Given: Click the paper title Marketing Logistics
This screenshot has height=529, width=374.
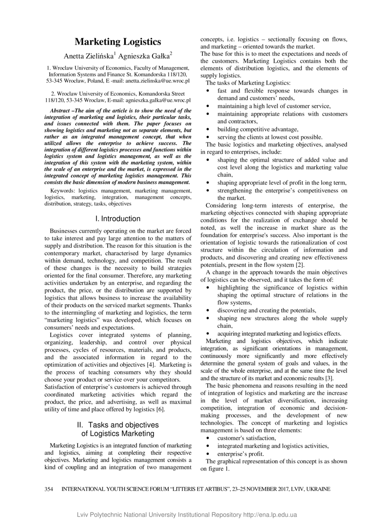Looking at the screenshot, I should click(118, 42).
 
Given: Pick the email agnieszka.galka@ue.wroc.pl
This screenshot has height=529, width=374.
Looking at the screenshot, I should click(158, 100).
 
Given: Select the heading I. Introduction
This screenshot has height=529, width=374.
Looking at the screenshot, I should click(118, 218).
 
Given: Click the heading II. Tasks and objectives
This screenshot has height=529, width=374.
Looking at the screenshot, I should click(118, 425).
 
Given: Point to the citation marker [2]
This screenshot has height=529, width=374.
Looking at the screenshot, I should click(300, 265).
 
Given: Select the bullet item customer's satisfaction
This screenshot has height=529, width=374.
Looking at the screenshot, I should click(246, 438).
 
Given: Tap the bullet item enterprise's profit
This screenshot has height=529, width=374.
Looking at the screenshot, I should click(240, 454).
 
